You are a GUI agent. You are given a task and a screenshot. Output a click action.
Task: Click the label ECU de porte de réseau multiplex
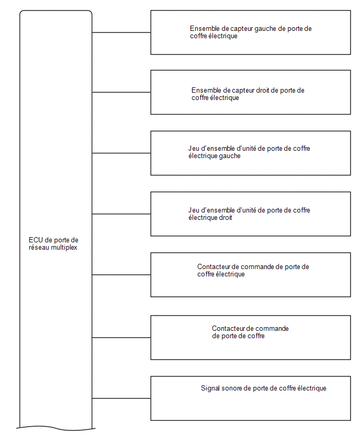[53, 244]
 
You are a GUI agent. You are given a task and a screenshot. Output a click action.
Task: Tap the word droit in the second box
[263, 91]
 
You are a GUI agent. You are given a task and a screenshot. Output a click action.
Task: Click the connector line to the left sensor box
[121, 32]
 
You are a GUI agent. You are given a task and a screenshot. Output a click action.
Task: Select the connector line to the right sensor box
[121, 92]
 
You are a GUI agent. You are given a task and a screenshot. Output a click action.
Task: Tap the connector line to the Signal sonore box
[121, 398]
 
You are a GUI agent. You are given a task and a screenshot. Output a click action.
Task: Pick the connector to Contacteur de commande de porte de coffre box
[121, 337]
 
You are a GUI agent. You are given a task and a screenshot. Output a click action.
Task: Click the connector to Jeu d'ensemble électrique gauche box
[121, 153]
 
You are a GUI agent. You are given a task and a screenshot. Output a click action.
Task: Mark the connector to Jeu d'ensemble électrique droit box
[121, 214]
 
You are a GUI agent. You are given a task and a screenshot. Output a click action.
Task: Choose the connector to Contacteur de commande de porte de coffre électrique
[121, 274]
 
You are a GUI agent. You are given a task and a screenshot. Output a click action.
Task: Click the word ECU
[36, 240]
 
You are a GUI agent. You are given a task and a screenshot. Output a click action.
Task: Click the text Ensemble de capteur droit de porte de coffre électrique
[248, 94]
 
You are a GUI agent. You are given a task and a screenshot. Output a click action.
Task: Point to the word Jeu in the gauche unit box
[194, 149]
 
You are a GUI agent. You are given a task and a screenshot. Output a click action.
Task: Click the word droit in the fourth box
[225, 218]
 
